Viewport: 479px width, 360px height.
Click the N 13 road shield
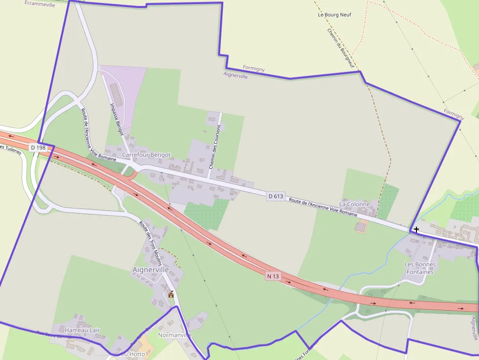[273, 276]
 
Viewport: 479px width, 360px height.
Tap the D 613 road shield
[276, 196]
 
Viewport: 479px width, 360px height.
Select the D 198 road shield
[38, 148]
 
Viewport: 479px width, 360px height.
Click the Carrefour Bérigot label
[146, 155]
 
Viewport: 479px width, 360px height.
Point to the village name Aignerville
[151, 270]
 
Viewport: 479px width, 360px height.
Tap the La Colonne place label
[354, 204]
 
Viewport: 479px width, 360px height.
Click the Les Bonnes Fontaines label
[419, 268]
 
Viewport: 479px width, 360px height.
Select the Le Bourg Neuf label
[334, 15]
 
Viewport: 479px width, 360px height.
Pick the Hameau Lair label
[82, 330]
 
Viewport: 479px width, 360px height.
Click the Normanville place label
[174, 335]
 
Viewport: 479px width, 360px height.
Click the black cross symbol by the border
[416, 229]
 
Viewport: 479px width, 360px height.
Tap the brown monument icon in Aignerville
[171, 294]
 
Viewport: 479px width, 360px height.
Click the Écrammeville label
[40, 5]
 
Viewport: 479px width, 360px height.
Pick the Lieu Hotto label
[131, 354]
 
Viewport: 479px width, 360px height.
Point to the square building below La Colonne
[361, 227]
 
